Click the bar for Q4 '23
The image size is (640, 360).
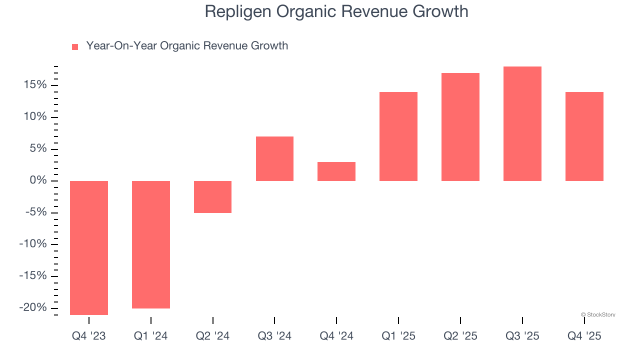tap(89, 247)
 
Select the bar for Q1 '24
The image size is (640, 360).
tap(150, 244)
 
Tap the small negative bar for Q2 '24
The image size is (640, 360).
tap(212, 196)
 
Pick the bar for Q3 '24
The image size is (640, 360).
tap(274, 158)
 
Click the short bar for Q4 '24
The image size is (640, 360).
tap(336, 171)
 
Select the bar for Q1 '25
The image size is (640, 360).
tap(398, 136)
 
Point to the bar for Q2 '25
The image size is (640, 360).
tap(460, 127)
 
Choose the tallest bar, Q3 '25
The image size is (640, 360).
tap(522, 123)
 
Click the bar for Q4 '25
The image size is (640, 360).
tap(584, 136)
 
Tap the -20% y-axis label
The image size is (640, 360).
tap(33, 307)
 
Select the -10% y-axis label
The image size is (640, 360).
tap(33, 244)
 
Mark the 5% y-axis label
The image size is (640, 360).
tap(37, 148)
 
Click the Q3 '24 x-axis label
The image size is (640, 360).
tap(274, 336)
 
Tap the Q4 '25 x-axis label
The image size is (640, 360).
tap(584, 336)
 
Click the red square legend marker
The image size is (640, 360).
tap(75, 47)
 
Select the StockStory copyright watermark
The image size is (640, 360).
tap(598, 315)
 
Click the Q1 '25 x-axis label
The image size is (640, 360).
tap(398, 336)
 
